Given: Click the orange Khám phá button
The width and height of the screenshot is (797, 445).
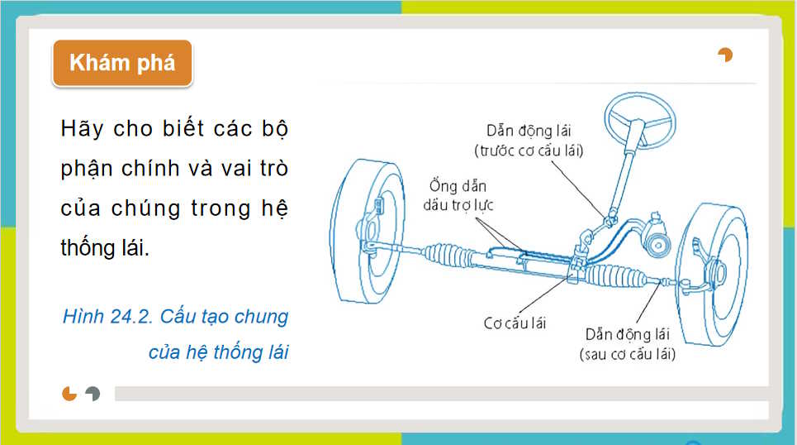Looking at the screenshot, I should [122, 63].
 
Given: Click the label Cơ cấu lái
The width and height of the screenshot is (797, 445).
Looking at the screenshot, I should [515, 323].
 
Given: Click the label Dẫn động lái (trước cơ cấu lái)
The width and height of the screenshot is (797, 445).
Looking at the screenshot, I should [529, 141].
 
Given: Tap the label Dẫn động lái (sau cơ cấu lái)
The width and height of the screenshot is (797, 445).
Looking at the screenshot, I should [627, 344].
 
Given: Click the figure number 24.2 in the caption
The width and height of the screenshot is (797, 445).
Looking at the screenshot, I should [130, 317].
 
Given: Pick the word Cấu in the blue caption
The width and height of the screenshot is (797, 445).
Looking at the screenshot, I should [179, 317].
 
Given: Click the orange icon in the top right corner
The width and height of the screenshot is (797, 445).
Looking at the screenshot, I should [725, 55].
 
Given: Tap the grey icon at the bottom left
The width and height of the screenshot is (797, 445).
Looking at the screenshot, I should [93, 394].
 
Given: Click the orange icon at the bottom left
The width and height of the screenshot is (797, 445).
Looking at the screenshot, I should [69, 394].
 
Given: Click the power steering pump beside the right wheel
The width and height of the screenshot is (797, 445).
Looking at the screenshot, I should [658, 242].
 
